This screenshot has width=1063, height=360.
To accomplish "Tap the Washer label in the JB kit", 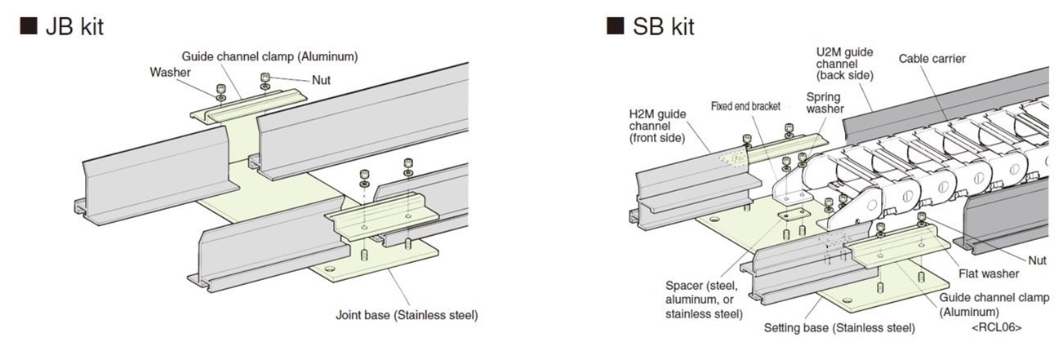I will tap(170, 72).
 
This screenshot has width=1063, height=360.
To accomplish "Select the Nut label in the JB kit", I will tap(321, 80).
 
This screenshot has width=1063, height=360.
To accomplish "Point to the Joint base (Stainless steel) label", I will tap(407, 315).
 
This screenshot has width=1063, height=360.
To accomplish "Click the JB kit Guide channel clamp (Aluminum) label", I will tap(269, 56).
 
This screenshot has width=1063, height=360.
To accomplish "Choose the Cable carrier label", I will tap(932, 59).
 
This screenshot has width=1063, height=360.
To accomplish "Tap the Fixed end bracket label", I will tap(745, 106).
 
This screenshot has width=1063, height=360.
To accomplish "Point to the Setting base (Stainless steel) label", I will tap(839, 328).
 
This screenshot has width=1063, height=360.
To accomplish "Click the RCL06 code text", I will tap(996, 327).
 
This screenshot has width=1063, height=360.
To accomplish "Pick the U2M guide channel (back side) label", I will tap(845, 64).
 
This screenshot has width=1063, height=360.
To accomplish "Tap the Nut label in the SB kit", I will tap(1036, 260).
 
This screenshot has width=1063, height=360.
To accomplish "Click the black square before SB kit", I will tap(615, 27).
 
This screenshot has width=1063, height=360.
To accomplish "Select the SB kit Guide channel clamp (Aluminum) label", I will tap(994, 304).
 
